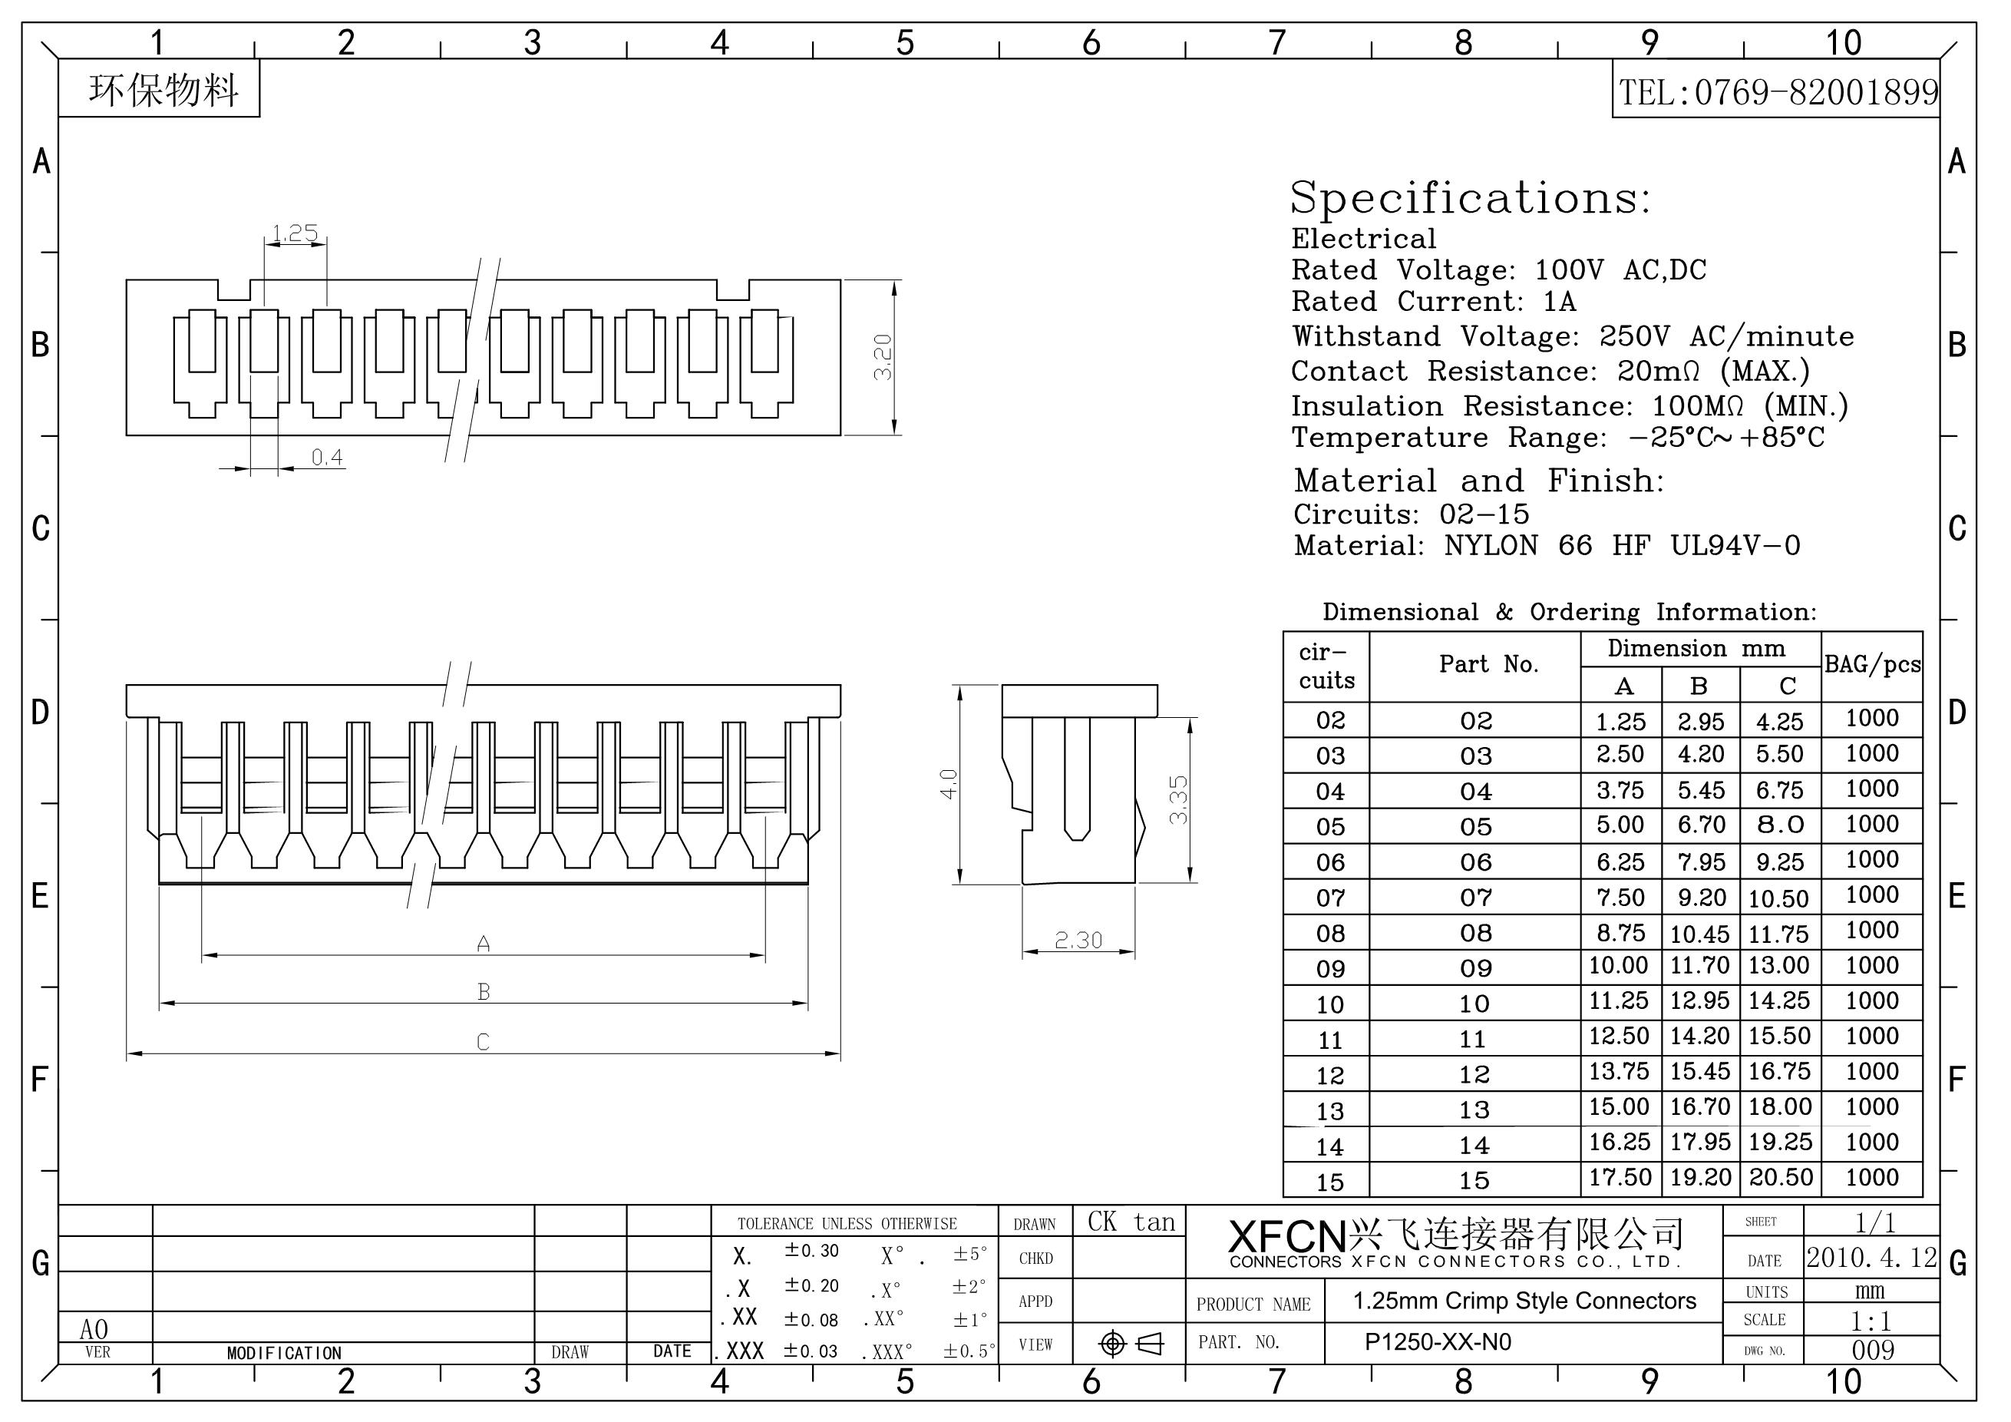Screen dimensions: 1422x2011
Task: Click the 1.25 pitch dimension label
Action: point(294,233)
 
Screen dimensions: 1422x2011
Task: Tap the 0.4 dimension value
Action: point(327,457)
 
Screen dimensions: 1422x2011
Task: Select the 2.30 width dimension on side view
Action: point(1078,940)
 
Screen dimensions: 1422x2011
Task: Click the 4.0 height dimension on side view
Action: point(949,783)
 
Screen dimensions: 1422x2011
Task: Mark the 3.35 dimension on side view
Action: point(1179,799)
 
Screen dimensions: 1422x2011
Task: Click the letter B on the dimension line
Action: point(484,991)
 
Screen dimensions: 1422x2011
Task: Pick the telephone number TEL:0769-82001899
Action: point(1777,92)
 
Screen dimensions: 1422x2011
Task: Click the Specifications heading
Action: point(1470,197)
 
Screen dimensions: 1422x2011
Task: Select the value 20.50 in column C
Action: point(1781,1176)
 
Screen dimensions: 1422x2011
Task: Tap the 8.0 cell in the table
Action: point(1781,825)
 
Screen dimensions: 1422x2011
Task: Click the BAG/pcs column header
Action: point(1873,664)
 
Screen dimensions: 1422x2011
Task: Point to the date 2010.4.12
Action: point(1872,1257)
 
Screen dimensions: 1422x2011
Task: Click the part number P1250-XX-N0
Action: point(1438,1342)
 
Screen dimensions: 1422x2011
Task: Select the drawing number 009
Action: point(1873,1350)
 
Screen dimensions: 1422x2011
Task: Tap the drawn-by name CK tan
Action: point(1131,1222)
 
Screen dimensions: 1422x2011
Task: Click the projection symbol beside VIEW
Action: point(1131,1343)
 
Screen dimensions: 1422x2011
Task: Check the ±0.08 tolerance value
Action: point(811,1319)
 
